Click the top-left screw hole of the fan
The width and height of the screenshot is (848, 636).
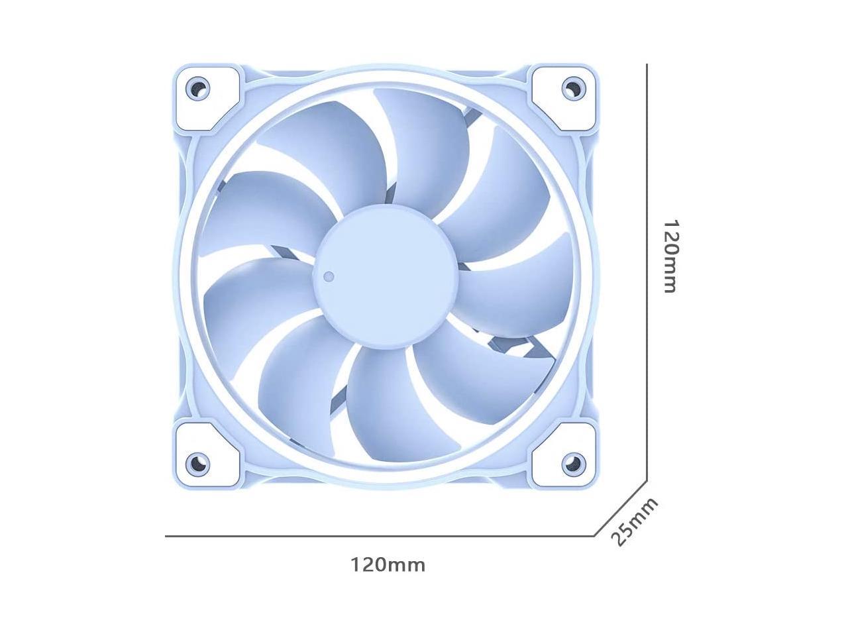(197, 87)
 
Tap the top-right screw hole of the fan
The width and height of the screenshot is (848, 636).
(573, 87)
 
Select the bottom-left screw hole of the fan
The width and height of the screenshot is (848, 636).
(197, 462)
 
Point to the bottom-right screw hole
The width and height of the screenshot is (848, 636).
(573, 462)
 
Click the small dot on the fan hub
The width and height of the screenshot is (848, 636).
(329, 276)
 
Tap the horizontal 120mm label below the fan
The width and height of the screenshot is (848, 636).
(388, 565)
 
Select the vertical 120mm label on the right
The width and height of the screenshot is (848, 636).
(670, 256)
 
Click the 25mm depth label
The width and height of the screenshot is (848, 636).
(634, 521)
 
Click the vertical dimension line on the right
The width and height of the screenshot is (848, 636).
(647, 265)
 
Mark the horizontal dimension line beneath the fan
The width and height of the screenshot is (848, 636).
(378, 535)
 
